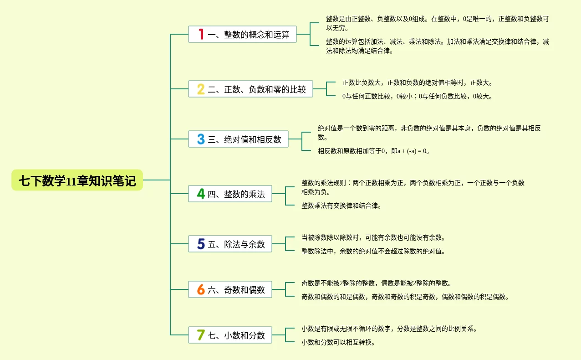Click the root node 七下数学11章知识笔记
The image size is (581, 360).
(x=77, y=180)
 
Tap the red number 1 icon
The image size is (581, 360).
(x=201, y=34)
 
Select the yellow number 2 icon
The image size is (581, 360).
(x=201, y=89)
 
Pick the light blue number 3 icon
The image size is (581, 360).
(x=201, y=139)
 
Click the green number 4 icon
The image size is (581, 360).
(x=201, y=194)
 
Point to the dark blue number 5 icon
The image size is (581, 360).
(x=201, y=244)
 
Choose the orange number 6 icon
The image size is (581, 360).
(x=201, y=289)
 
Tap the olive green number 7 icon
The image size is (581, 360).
(x=201, y=335)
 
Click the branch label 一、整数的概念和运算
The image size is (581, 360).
(x=249, y=35)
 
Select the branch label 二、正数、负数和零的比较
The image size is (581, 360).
(x=257, y=89)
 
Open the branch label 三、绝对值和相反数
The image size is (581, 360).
(x=245, y=139)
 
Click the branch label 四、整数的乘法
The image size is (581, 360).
(x=236, y=194)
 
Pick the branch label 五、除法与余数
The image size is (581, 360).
(x=236, y=244)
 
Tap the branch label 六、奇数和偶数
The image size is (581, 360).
(x=236, y=290)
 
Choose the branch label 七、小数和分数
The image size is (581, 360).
(x=236, y=335)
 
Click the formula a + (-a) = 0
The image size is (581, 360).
(x=413, y=151)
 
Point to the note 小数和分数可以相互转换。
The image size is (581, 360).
(x=338, y=342)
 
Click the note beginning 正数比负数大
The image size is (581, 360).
(x=418, y=82)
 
